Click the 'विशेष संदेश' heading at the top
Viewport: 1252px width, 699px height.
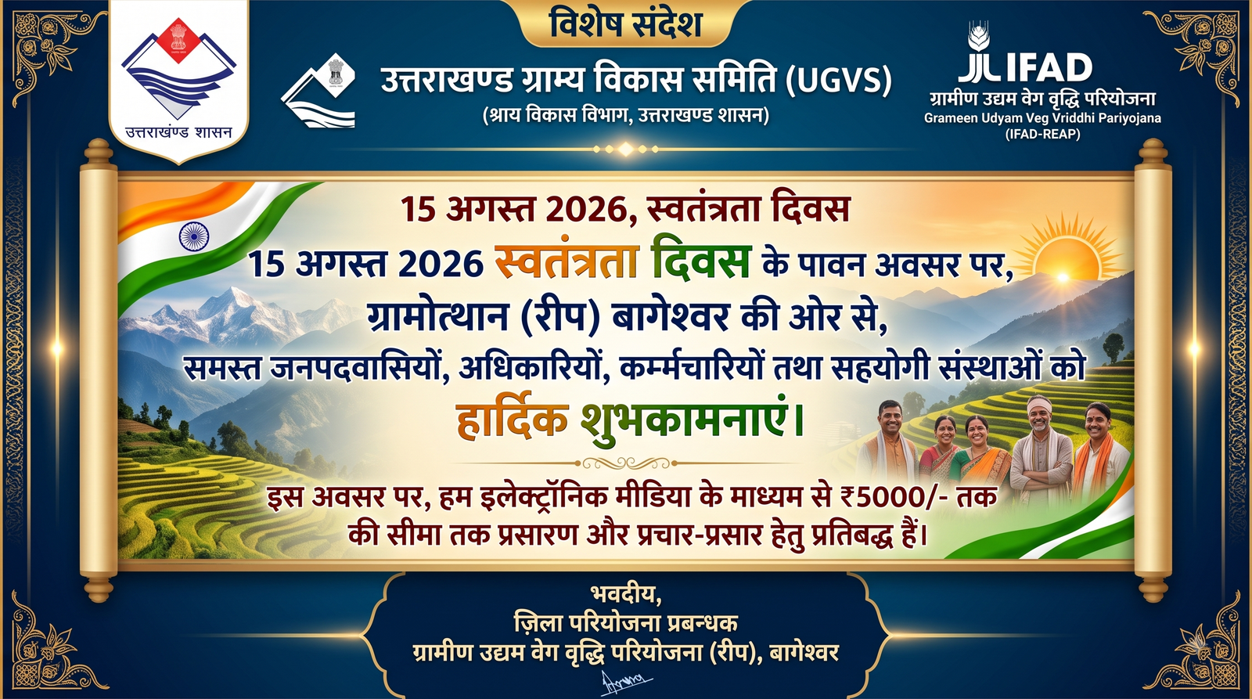(626, 24)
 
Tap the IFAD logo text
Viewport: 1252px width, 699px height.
(1026, 67)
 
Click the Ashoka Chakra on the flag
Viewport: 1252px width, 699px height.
(194, 236)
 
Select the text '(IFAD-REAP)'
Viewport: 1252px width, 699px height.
(1042, 134)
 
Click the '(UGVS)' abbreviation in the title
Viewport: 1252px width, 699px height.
(838, 81)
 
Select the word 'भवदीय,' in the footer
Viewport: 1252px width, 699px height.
(626, 594)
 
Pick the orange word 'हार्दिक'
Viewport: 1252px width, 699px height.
(513, 420)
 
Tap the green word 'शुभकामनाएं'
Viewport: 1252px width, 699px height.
(692, 420)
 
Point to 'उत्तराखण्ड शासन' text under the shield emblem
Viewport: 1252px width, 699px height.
(178, 132)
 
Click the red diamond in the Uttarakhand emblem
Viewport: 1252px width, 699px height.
(178, 40)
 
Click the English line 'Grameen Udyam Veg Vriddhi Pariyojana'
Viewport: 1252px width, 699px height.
(1042, 118)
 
